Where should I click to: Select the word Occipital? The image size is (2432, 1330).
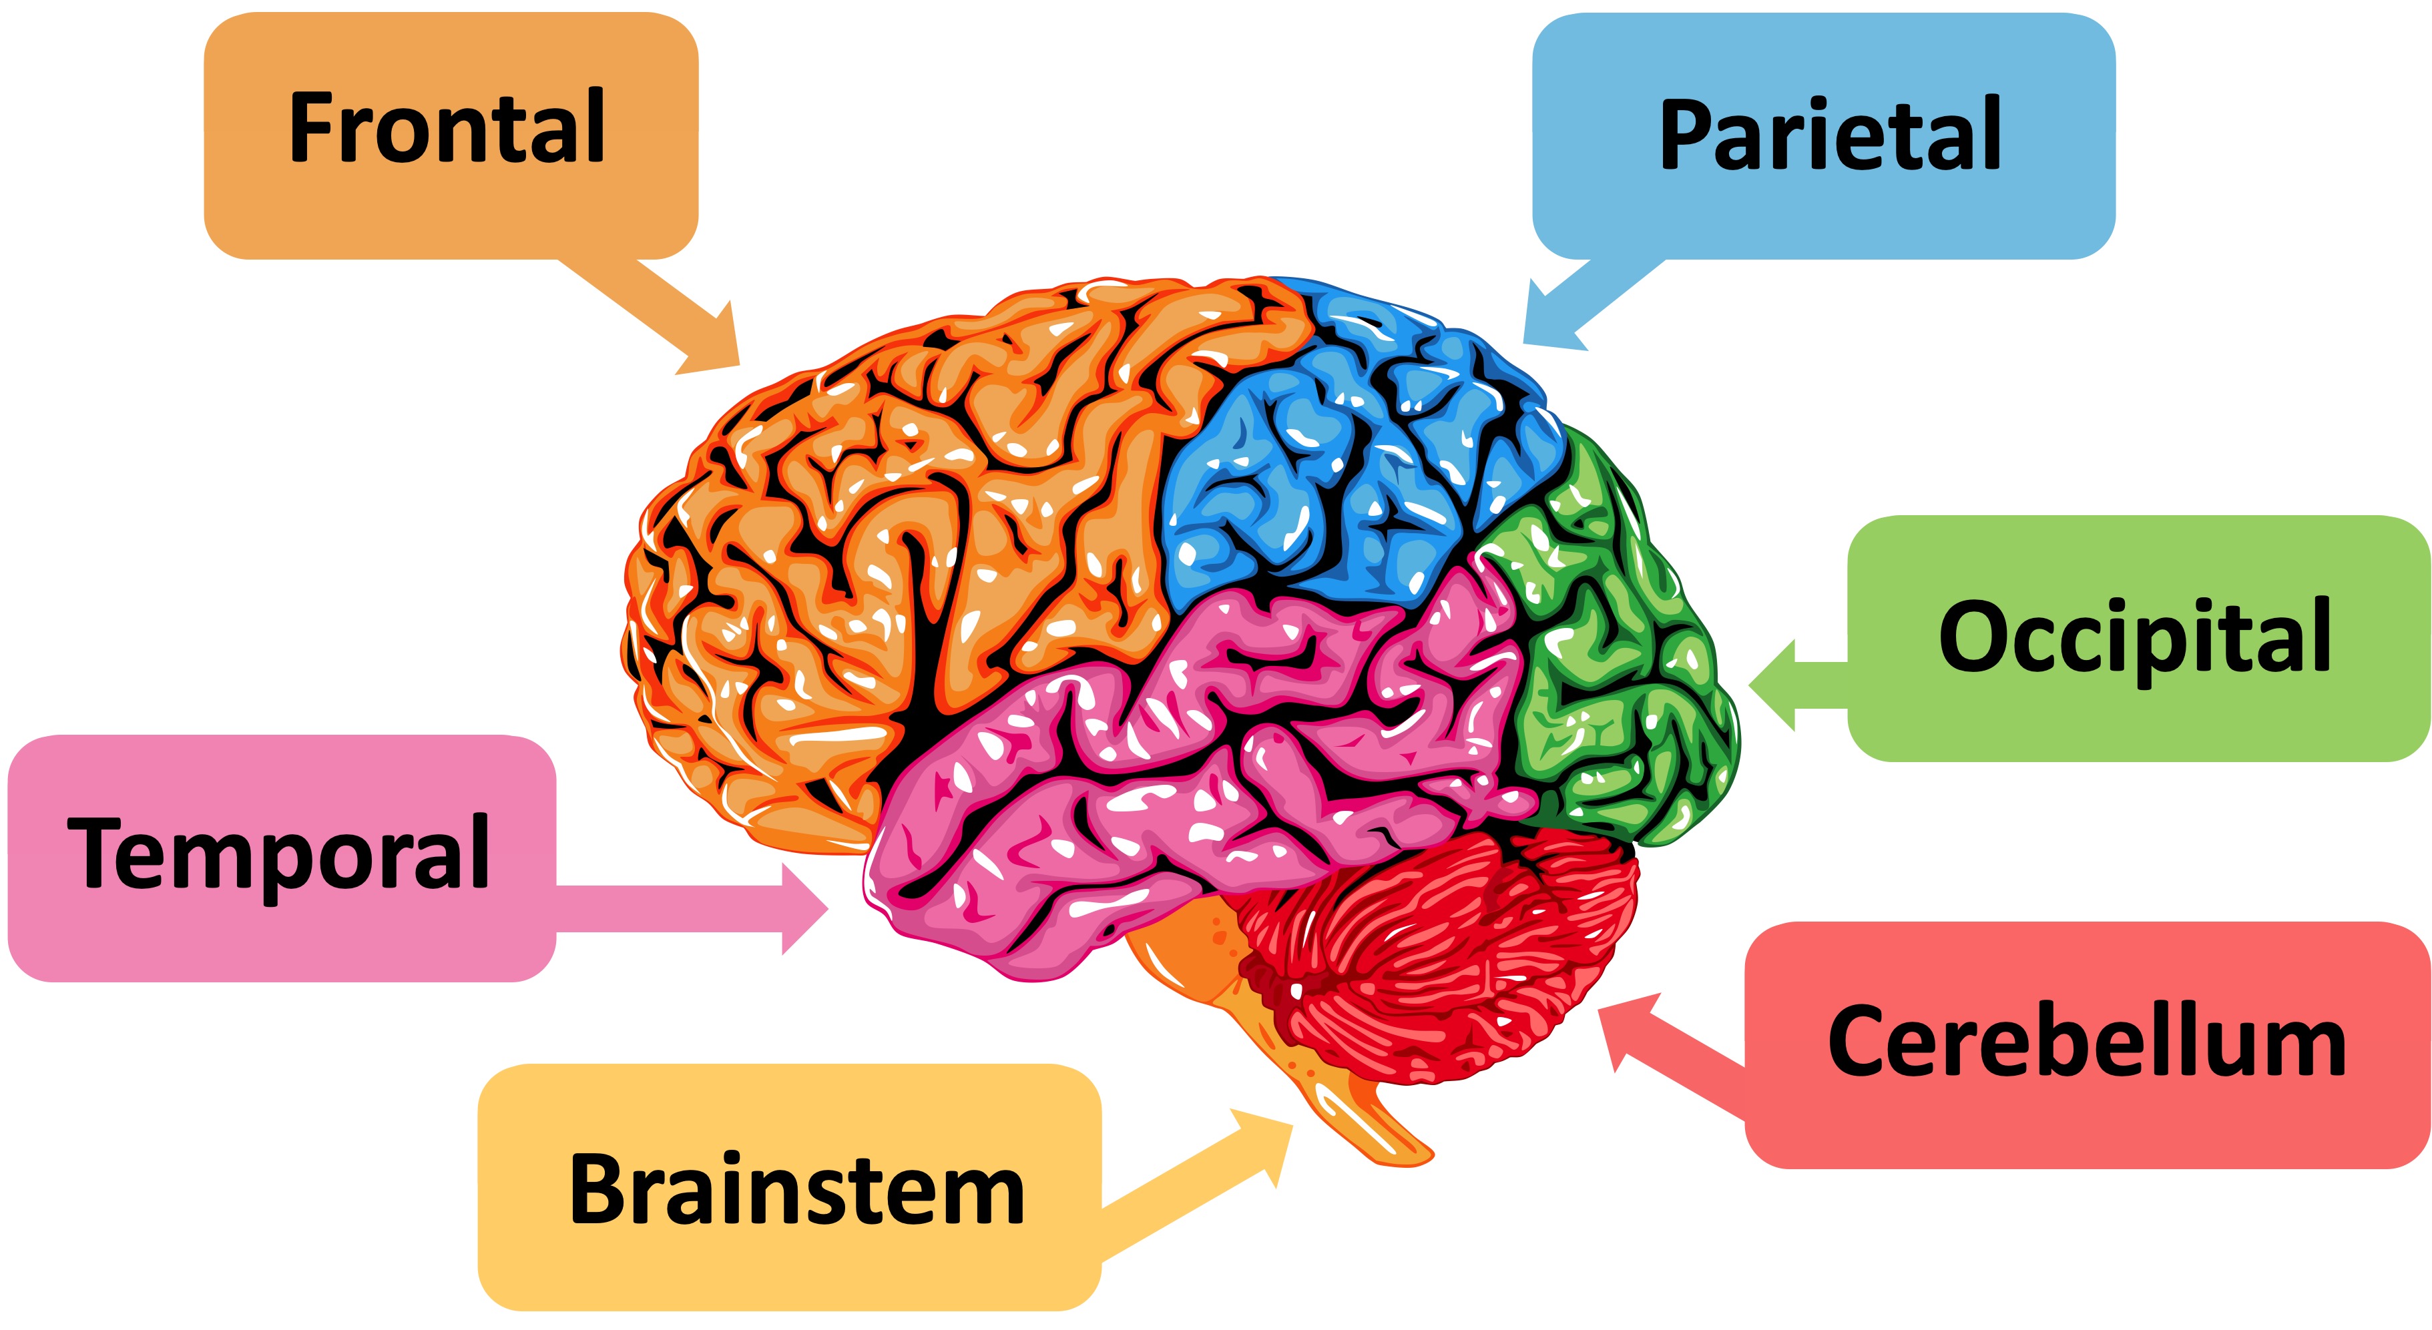(2136, 638)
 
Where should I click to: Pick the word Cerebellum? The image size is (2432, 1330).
(2086, 1042)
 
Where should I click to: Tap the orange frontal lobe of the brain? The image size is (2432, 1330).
(897, 529)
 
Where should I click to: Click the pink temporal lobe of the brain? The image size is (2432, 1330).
(1180, 783)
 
